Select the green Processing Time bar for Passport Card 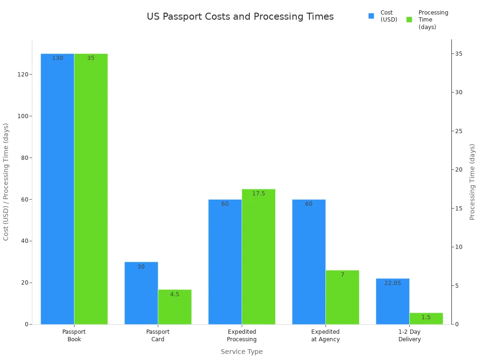click(x=174, y=307)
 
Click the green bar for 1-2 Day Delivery click(x=426, y=319)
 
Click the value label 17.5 click(x=258, y=194)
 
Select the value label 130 click(x=57, y=58)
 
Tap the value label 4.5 click(x=174, y=294)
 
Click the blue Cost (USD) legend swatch click(x=371, y=16)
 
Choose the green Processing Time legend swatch click(x=409, y=20)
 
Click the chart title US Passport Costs click(x=240, y=16)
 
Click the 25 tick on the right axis click(x=458, y=131)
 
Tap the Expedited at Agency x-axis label click(x=325, y=336)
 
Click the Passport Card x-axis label click(x=157, y=336)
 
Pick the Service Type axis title click(x=241, y=352)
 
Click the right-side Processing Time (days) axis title click(x=472, y=182)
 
